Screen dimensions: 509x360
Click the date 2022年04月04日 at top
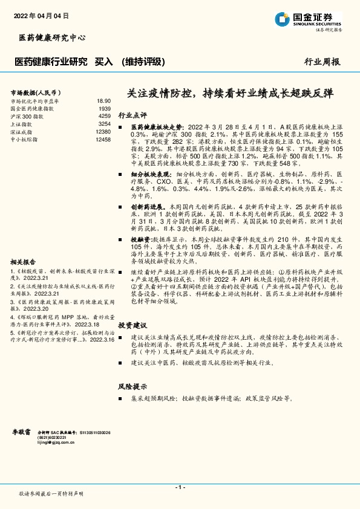coord(41,15)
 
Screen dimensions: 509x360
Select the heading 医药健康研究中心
coord(51,37)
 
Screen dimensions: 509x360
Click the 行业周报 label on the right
coord(322,62)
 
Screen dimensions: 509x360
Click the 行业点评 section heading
coord(132,114)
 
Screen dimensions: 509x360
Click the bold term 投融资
coord(143,239)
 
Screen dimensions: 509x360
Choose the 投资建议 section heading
coord(132,325)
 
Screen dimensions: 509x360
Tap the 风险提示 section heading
coord(132,386)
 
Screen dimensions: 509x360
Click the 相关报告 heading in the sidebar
coord(25,262)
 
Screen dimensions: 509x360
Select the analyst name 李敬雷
coord(22,432)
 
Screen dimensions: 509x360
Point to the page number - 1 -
coord(179,487)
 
